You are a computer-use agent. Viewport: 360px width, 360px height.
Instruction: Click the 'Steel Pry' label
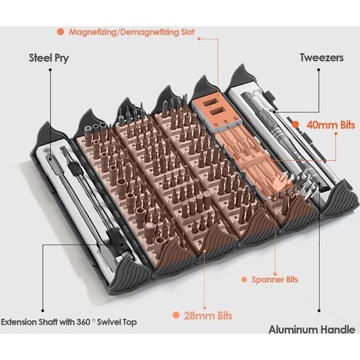[49, 58]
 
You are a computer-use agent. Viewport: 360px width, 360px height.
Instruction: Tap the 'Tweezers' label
[322, 58]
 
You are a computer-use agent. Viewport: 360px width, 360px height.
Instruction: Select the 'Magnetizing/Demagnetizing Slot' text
[132, 32]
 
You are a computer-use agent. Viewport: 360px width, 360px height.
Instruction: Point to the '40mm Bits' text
[331, 125]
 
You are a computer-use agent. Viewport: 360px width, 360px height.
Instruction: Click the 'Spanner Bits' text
[275, 279]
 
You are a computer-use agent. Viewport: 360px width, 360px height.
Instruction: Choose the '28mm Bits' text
[208, 315]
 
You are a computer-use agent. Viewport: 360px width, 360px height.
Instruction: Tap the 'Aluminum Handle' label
[312, 330]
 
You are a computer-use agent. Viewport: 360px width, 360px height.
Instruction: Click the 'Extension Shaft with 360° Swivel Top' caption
[69, 322]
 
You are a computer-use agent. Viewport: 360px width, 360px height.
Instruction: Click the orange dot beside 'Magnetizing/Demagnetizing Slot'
[61, 31]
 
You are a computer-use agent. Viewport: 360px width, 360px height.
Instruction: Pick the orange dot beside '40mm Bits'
[296, 124]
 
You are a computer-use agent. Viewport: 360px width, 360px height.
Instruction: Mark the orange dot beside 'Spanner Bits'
[244, 279]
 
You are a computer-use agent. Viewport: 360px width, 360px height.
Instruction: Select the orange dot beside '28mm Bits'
[176, 315]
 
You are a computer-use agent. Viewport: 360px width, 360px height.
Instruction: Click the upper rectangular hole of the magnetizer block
[211, 102]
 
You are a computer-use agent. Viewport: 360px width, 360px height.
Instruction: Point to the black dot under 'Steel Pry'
[50, 69]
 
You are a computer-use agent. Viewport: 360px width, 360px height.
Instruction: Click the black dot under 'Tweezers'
[319, 69]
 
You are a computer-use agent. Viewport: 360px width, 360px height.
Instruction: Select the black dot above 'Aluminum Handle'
[319, 311]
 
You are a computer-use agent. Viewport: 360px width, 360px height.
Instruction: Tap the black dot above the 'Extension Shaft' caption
[43, 311]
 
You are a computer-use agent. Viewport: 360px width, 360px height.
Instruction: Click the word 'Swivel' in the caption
[108, 322]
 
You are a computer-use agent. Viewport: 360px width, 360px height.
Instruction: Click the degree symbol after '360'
[94, 319]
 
